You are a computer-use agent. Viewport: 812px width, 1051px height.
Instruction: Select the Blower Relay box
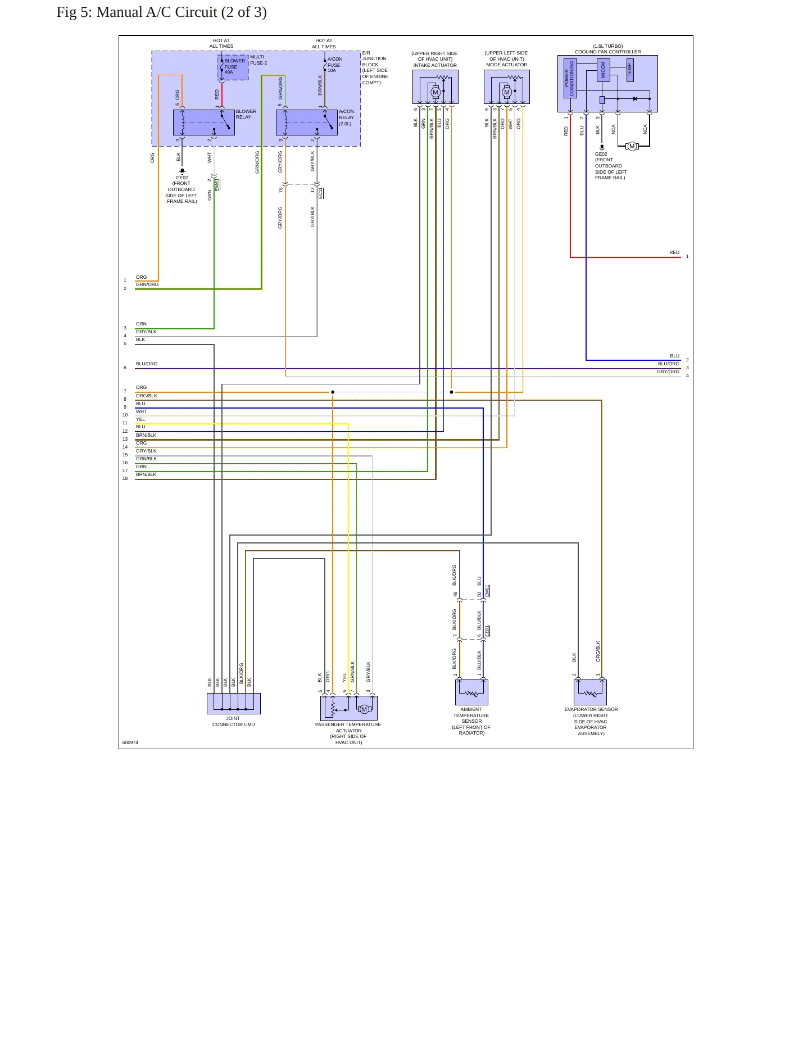click(x=204, y=123)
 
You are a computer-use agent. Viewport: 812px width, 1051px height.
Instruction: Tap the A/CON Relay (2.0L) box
click(x=307, y=123)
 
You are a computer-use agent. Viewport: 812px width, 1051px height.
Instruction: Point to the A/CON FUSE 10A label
click(x=335, y=65)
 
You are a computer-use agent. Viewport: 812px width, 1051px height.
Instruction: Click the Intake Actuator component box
click(x=436, y=87)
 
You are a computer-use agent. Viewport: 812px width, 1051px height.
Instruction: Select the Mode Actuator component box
click(x=507, y=87)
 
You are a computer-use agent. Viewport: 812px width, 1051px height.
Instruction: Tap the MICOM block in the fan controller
click(x=604, y=70)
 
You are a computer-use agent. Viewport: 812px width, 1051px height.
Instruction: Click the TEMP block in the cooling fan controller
click(x=630, y=70)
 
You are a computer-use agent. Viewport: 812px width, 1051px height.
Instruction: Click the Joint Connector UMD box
click(x=234, y=703)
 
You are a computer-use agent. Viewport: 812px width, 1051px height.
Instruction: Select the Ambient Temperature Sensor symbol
click(x=471, y=692)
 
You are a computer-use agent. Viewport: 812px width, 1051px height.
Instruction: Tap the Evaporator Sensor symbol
click(x=590, y=692)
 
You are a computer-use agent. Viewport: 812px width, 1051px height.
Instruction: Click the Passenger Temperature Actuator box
click(x=349, y=708)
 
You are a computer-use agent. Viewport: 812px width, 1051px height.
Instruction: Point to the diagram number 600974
click(x=130, y=742)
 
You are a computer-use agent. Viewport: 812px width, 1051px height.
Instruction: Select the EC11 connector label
click(x=321, y=193)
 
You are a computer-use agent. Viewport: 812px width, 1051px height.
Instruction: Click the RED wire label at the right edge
click(x=674, y=252)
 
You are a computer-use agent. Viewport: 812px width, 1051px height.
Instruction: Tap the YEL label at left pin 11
click(x=140, y=419)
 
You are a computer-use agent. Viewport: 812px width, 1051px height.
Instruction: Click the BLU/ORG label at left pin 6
click(x=147, y=364)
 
